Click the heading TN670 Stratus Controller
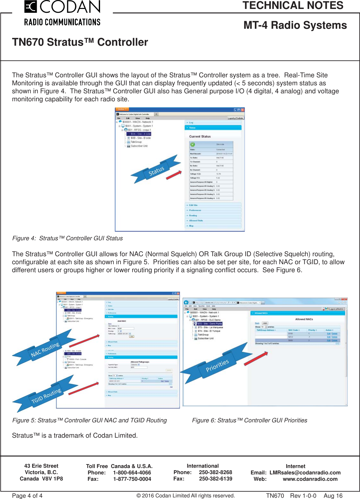pos(80,42)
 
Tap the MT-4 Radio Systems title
pos(295,25)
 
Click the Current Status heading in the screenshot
pos(200,136)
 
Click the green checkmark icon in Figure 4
pos(193,144)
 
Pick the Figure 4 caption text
pos(67,238)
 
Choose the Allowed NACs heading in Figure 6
pos(304,319)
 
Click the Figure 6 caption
pos(249,420)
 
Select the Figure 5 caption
pos(90,420)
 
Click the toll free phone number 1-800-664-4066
pos(132,472)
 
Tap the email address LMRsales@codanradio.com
pos(305,472)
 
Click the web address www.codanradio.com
pos(310,479)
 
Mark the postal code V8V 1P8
pos(52,479)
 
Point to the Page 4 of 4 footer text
pos(27,495)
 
